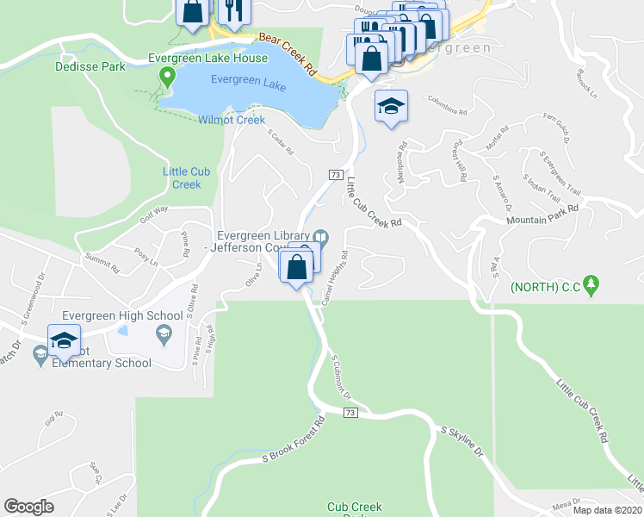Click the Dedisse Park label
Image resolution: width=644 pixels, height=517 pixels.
click(84, 65)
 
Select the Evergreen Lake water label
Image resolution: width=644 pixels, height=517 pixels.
click(249, 84)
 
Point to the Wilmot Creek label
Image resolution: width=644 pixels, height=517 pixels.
click(231, 120)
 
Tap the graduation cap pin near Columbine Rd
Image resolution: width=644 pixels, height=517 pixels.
click(391, 108)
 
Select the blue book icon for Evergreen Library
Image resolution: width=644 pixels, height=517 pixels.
click(320, 236)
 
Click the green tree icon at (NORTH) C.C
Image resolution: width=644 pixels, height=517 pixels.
click(591, 284)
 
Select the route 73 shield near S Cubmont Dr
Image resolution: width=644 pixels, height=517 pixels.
click(349, 414)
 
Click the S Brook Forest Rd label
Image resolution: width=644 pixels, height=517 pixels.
click(294, 440)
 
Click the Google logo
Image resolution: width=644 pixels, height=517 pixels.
click(28, 507)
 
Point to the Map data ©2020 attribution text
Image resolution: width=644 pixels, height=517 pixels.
click(607, 510)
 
